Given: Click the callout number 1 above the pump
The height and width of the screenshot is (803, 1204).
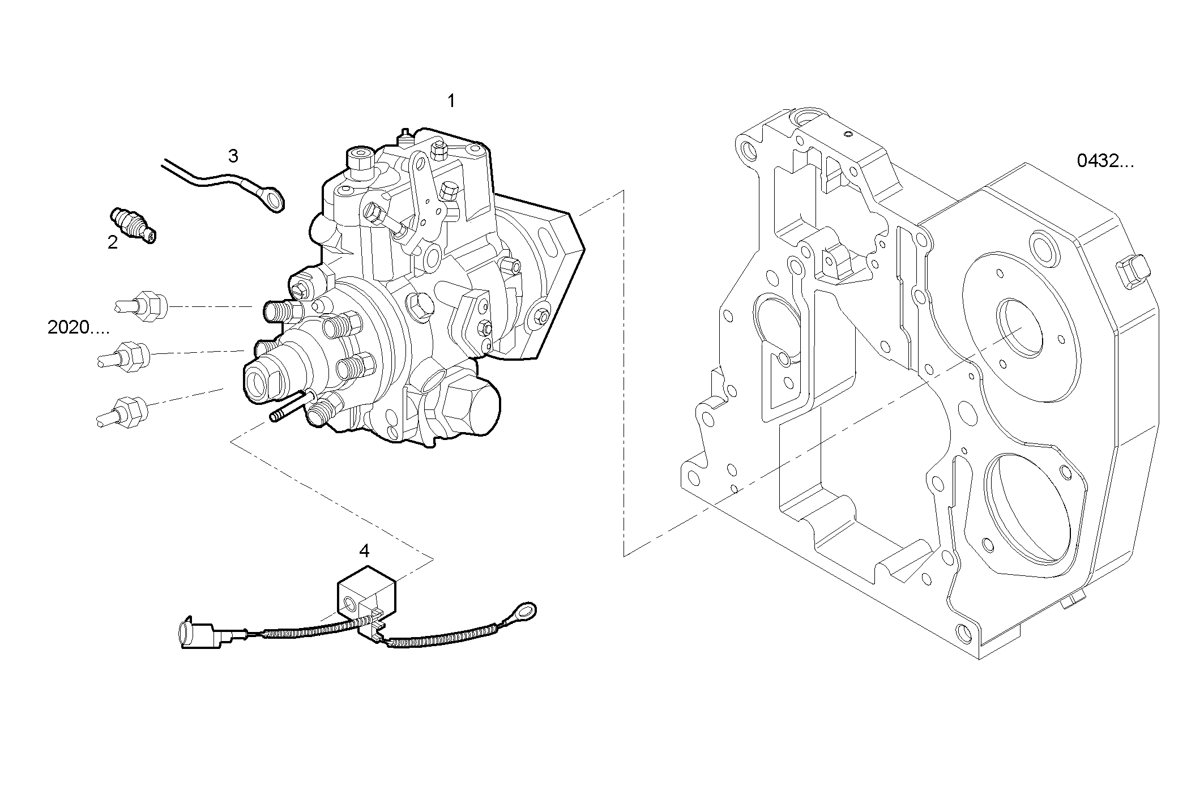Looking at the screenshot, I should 451,102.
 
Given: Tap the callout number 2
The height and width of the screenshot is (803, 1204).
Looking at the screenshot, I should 113,243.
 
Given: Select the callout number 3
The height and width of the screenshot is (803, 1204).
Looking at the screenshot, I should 233,156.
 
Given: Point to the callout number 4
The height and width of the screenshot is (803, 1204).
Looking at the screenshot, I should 364,550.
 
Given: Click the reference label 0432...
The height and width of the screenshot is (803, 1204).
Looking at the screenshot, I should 1105,162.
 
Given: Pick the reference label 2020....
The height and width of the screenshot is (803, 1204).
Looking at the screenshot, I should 78,328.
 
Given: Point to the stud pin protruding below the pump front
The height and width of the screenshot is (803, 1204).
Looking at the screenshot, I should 289,407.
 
